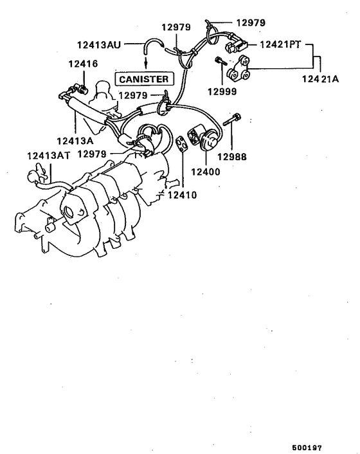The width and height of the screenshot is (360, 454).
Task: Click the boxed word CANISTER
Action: coord(144,79)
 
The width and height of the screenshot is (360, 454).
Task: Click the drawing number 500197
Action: coord(307,446)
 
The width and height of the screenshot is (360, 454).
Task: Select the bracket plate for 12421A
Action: coord(242,69)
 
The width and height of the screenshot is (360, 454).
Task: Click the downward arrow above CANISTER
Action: coord(145,62)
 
